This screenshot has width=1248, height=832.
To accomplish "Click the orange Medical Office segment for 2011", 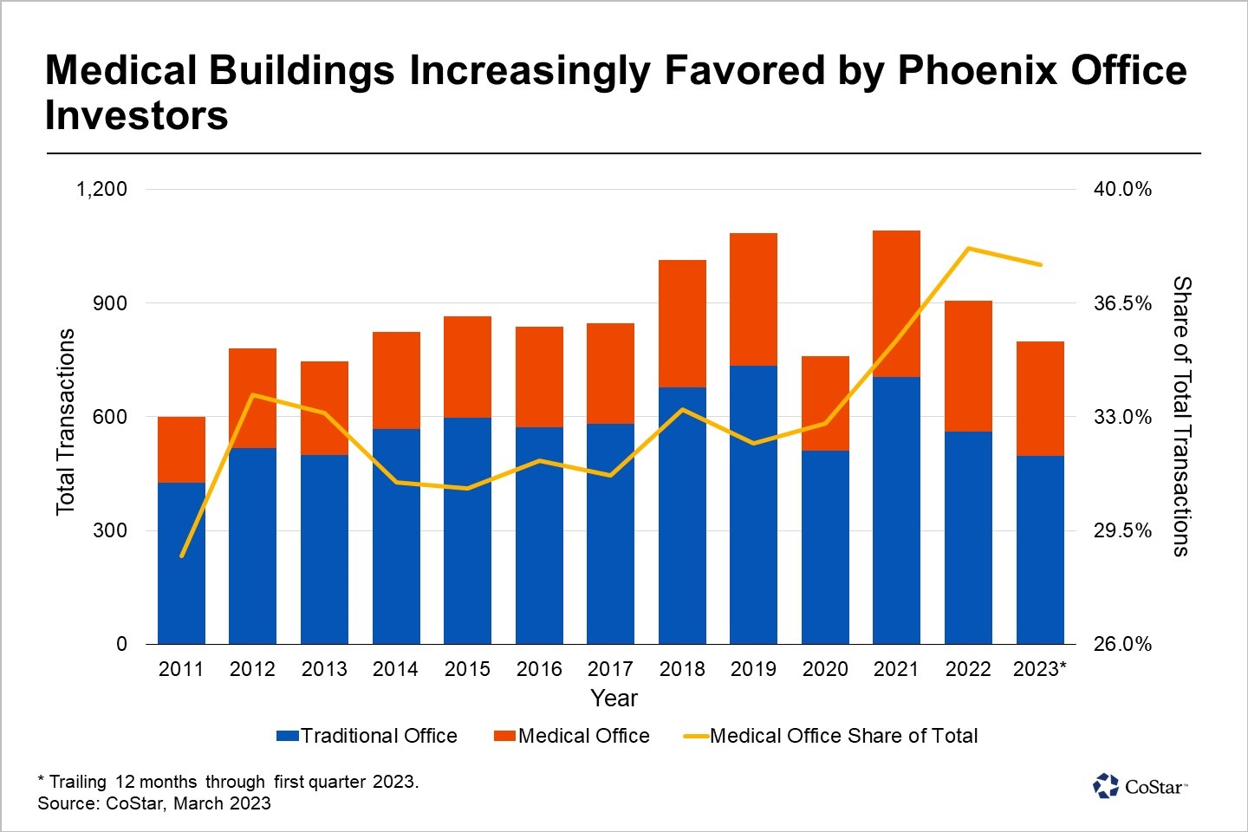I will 181,449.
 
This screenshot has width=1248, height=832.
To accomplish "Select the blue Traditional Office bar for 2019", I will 753,504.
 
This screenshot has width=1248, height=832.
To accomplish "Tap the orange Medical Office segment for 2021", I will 896,303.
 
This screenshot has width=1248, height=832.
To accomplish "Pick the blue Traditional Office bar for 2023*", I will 1040,549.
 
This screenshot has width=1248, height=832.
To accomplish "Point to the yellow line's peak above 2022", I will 968,249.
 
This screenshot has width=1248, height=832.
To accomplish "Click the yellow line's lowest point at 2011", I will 182,556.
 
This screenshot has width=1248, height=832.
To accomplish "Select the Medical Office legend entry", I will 572,736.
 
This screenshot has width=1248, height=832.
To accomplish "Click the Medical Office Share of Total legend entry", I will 831,736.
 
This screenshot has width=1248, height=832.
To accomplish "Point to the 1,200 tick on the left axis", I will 102,189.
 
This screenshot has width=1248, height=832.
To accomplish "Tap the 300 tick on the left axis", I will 110,530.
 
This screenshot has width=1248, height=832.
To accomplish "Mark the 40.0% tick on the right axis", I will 1122,189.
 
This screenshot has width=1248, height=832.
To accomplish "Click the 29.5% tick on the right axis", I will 1122,530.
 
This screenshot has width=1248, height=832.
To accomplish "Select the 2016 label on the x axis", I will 539,669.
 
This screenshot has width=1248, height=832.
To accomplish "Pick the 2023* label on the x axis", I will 1040,669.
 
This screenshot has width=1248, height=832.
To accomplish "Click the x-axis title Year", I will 614,698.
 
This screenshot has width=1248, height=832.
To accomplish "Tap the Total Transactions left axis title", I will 66,421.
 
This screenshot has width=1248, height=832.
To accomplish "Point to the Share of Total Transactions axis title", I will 1181,416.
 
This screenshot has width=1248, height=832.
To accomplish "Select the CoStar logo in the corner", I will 1140,786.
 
